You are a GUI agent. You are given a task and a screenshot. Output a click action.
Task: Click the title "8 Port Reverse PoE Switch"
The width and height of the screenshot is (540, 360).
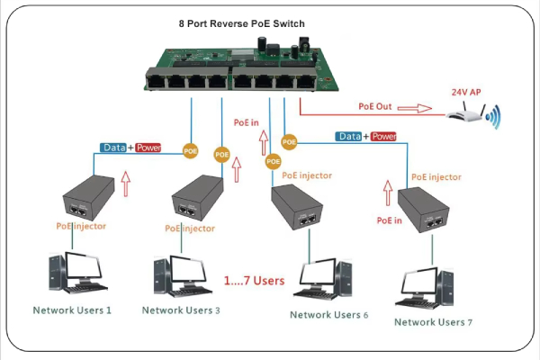point(242,23)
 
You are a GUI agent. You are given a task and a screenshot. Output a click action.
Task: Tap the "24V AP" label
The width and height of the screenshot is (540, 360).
point(466,92)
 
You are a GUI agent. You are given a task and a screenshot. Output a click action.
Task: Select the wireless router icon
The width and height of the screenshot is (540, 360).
point(472,112)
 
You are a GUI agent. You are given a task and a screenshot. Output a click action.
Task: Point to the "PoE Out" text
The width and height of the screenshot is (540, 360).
point(375,106)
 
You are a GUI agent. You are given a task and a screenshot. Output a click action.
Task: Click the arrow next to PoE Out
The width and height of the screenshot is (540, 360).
point(415,108)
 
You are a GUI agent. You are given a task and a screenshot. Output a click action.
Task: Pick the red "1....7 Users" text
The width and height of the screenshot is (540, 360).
point(254,281)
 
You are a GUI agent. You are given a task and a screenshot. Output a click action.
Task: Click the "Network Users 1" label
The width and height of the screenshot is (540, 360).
point(72,310)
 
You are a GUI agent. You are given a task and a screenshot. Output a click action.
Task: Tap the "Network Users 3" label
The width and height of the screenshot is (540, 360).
point(181,310)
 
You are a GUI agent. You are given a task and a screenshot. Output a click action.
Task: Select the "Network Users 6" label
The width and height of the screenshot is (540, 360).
point(328,315)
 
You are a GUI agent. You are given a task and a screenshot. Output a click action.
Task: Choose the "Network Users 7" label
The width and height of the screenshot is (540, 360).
point(433,322)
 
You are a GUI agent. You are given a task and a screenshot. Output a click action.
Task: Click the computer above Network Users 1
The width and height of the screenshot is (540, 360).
point(77,273)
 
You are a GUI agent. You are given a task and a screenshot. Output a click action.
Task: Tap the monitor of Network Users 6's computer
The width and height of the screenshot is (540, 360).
point(318,275)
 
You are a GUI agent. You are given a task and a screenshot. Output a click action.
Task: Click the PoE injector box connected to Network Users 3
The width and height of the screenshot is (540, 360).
point(197,198)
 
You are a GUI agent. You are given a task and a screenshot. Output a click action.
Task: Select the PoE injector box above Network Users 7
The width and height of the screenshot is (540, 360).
point(423,210)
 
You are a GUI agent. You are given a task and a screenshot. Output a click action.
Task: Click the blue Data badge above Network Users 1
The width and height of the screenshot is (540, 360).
point(113,148)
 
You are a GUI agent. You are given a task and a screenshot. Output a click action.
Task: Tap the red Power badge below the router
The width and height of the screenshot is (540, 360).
point(383,137)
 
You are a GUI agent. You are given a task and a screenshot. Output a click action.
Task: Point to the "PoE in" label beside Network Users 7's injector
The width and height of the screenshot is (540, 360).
point(389,220)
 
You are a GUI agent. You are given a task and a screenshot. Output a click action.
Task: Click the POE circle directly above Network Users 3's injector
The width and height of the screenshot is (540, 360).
point(221,155)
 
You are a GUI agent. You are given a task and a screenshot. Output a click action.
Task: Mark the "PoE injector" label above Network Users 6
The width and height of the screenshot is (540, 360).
point(307,175)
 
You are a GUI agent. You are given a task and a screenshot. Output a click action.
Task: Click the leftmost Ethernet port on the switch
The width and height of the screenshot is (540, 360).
point(156,82)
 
